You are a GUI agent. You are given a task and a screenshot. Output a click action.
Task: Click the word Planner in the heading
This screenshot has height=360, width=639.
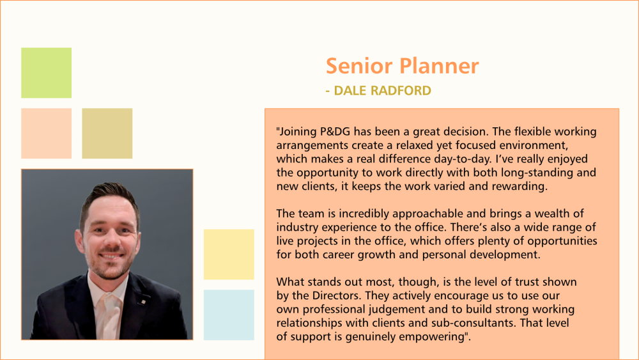tap(439, 66)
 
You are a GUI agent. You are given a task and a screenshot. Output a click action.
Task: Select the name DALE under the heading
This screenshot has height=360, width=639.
tap(350, 91)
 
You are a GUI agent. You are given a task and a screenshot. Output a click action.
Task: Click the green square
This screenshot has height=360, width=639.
tap(47, 72)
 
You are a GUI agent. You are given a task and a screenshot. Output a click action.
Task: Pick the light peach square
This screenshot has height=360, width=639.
tap(47, 133)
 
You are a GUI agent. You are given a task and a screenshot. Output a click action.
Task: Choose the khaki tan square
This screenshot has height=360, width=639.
tap(107, 133)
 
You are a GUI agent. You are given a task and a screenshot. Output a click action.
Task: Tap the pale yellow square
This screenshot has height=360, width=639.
tap(229, 254)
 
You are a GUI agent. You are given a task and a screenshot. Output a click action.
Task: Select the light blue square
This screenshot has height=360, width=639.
tap(229, 315)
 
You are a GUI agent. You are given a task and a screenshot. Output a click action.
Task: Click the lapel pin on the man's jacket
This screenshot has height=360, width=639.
tap(143, 302)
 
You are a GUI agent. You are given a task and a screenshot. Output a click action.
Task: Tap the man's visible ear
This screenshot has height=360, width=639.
tap(78, 241)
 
